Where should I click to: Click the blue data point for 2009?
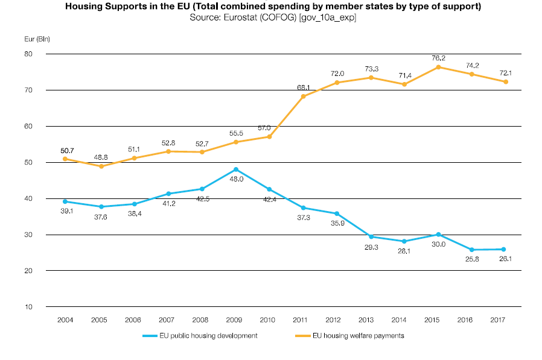click(235, 169)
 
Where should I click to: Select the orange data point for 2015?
click(439, 67)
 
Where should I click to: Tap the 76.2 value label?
click(439, 58)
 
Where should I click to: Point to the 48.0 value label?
click(235, 179)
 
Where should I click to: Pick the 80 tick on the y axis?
click(28, 54)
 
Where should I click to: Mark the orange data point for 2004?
click(65, 159)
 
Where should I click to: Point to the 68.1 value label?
click(303, 87)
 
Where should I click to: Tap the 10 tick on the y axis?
click(28, 307)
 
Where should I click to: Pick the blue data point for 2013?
click(371, 237)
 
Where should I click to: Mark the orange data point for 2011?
click(303, 96)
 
